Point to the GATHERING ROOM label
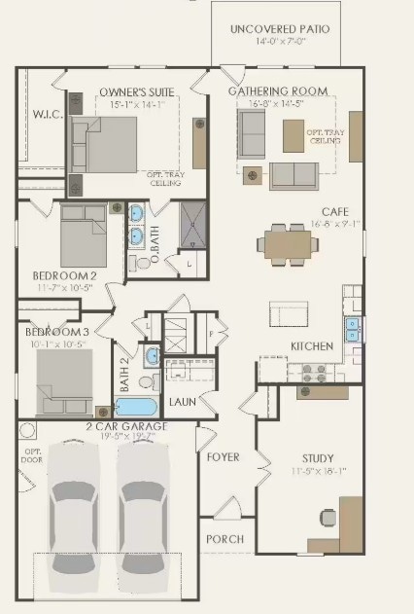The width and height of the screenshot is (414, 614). pos(277,90)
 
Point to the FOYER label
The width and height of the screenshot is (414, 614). pos(223,456)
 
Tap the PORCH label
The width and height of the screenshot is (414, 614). pos(224,538)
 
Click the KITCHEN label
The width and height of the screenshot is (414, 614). pos(312,345)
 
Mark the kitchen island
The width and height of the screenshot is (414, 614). pos(290,313)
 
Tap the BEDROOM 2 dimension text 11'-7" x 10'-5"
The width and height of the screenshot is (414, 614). pos(64,288)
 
